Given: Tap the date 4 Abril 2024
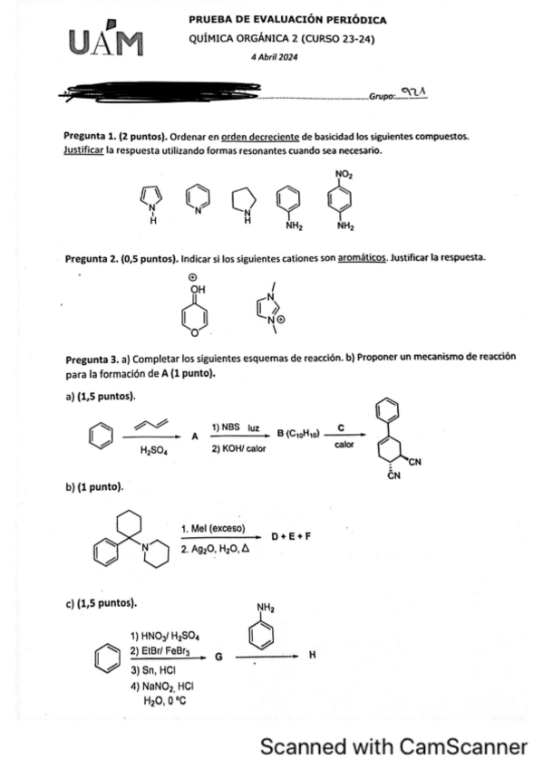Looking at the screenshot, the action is (280, 56).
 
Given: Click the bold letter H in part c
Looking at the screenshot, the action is (313, 659).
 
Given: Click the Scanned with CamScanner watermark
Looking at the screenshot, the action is (393, 747).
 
